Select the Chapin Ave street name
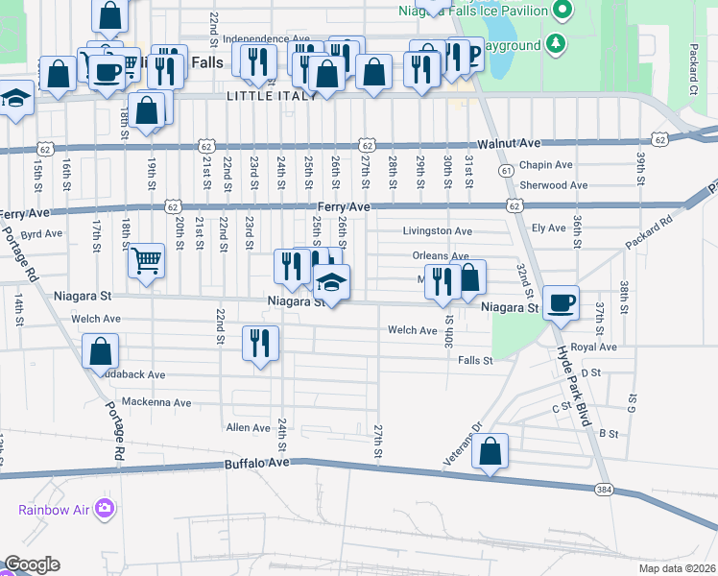coord(545,165)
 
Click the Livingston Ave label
coord(437,231)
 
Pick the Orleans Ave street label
coord(440,256)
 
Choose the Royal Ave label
coord(592,347)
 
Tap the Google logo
coord(32,564)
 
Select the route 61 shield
coord(505,170)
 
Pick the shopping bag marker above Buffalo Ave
coord(490,450)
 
